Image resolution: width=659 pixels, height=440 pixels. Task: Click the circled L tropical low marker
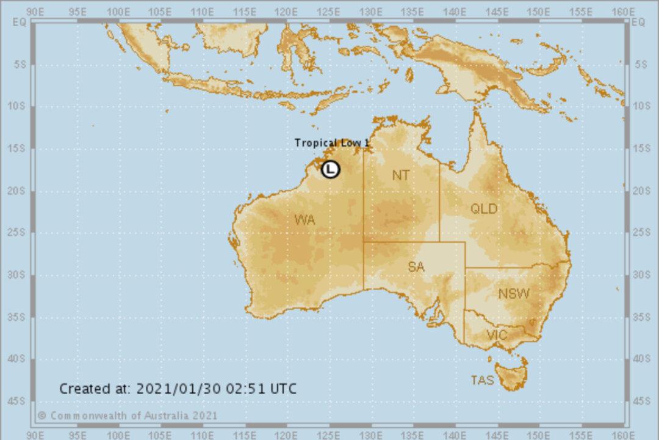click(330, 169)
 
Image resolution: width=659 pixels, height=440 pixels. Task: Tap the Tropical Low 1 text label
click(332, 143)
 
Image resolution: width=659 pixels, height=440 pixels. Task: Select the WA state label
click(304, 220)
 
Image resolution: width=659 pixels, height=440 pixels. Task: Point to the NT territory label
click(401, 176)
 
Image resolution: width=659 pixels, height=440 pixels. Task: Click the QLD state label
click(484, 209)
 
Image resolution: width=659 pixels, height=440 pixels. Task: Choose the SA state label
click(416, 267)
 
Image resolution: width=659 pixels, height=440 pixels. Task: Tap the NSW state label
click(514, 294)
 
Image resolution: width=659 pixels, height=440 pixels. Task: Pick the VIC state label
click(497, 335)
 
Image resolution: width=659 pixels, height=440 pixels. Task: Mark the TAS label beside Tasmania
click(482, 380)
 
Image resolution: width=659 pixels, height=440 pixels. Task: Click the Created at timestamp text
click(178, 389)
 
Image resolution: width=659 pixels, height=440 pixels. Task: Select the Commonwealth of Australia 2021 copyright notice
click(127, 416)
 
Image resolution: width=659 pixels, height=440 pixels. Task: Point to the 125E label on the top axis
click(329, 12)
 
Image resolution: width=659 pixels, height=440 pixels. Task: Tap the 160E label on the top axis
click(622, 12)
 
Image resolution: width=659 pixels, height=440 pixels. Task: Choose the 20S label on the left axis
click(19, 191)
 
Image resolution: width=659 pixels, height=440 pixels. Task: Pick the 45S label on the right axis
click(641, 401)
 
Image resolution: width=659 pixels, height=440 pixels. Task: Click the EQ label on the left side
click(20, 23)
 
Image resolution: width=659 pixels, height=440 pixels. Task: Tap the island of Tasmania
click(511, 374)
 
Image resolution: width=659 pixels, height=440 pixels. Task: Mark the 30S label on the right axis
click(641, 275)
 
